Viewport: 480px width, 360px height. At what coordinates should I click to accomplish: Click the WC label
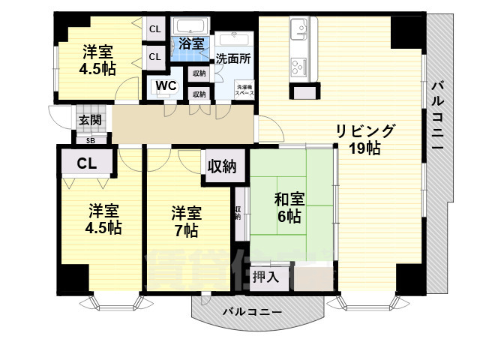click(x=166, y=85)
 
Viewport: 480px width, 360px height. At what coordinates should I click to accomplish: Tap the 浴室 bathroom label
click(x=191, y=43)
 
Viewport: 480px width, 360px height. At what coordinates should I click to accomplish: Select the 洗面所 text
click(x=233, y=58)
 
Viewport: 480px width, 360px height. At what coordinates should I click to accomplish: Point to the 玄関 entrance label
click(x=90, y=120)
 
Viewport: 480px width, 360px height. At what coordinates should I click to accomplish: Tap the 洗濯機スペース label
click(x=244, y=89)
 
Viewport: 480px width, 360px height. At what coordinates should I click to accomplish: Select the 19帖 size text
click(x=364, y=148)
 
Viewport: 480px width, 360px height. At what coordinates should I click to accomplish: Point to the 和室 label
click(x=289, y=199)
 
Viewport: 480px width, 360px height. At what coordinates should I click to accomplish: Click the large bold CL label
click(x=87, y=162)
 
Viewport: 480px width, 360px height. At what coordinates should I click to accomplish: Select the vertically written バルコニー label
click(x=438, y=112)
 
